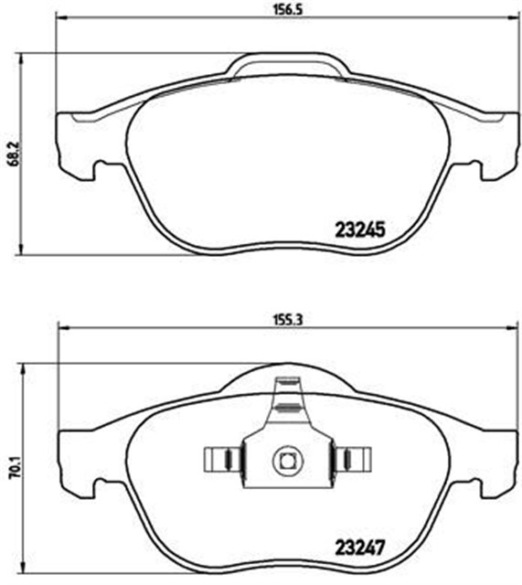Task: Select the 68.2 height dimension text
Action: click(x=12, y=151)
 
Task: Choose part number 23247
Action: click(x=357, y=550)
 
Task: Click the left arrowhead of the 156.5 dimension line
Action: click(x=61, y=19)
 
